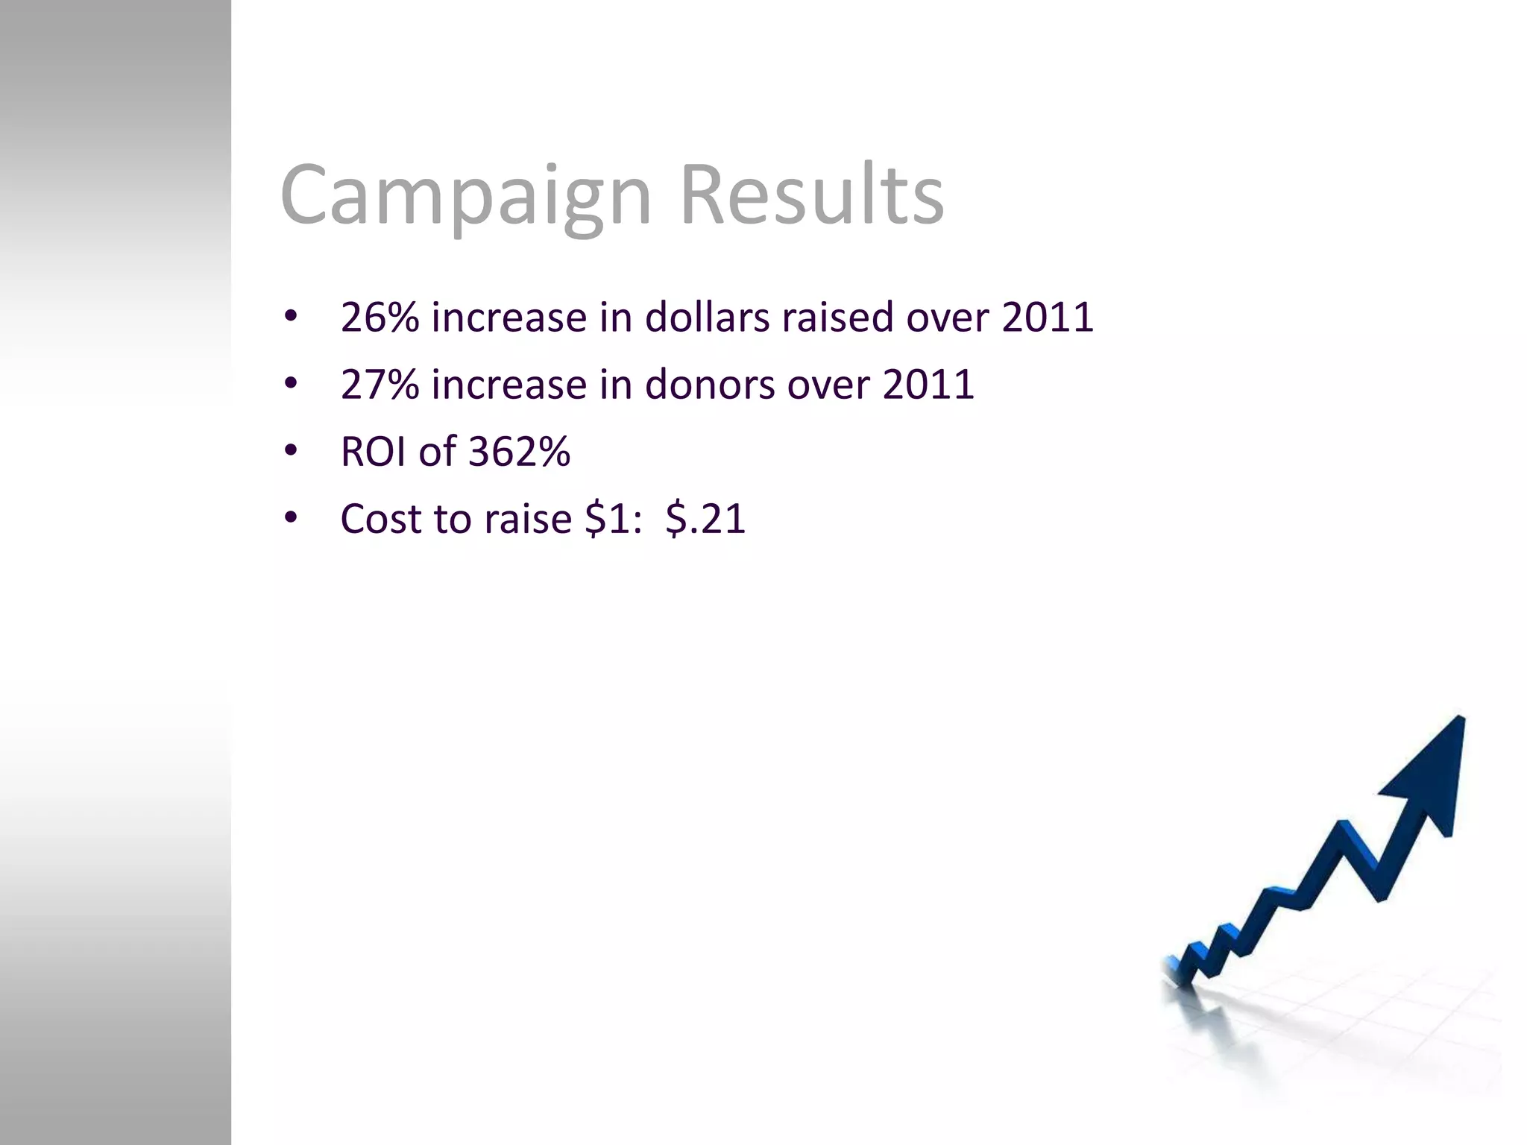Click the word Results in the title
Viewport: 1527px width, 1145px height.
(812, 195)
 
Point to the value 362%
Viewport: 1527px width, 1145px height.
(520, 452)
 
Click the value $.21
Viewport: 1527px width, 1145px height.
(705, 519)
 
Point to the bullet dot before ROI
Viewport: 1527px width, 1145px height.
(291, 450)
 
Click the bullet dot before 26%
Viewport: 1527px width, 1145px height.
(291, 316)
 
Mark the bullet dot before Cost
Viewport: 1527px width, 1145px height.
(291, 517)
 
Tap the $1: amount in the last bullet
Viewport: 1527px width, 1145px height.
(613, 519)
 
